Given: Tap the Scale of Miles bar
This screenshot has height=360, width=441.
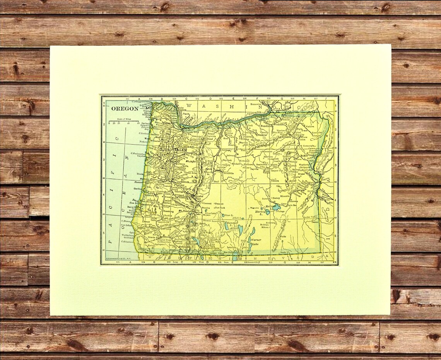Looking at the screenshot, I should [124, 123].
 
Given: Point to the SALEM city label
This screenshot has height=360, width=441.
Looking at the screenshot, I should [181, 150].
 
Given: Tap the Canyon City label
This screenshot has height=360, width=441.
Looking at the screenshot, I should [277, 170].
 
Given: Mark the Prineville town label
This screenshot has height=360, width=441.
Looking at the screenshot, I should [228, 174].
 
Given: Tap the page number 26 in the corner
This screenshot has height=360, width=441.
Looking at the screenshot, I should [333, 262].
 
